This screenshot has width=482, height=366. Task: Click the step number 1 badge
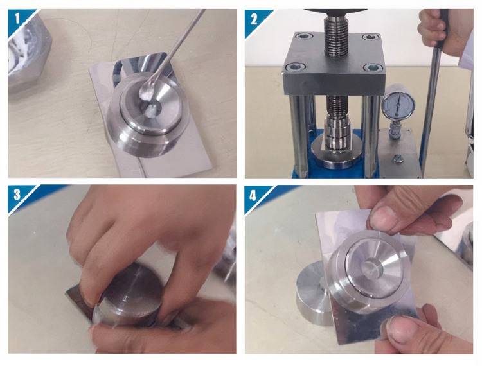17,18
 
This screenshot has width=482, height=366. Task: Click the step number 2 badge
254,19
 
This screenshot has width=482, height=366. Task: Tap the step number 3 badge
17,195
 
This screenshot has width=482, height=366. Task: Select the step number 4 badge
253,195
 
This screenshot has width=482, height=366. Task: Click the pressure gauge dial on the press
398,105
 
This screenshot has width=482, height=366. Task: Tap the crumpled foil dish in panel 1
28,52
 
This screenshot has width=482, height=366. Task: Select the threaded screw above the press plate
336,36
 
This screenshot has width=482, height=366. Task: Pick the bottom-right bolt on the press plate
371,67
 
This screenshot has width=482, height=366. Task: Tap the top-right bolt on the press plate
369,37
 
